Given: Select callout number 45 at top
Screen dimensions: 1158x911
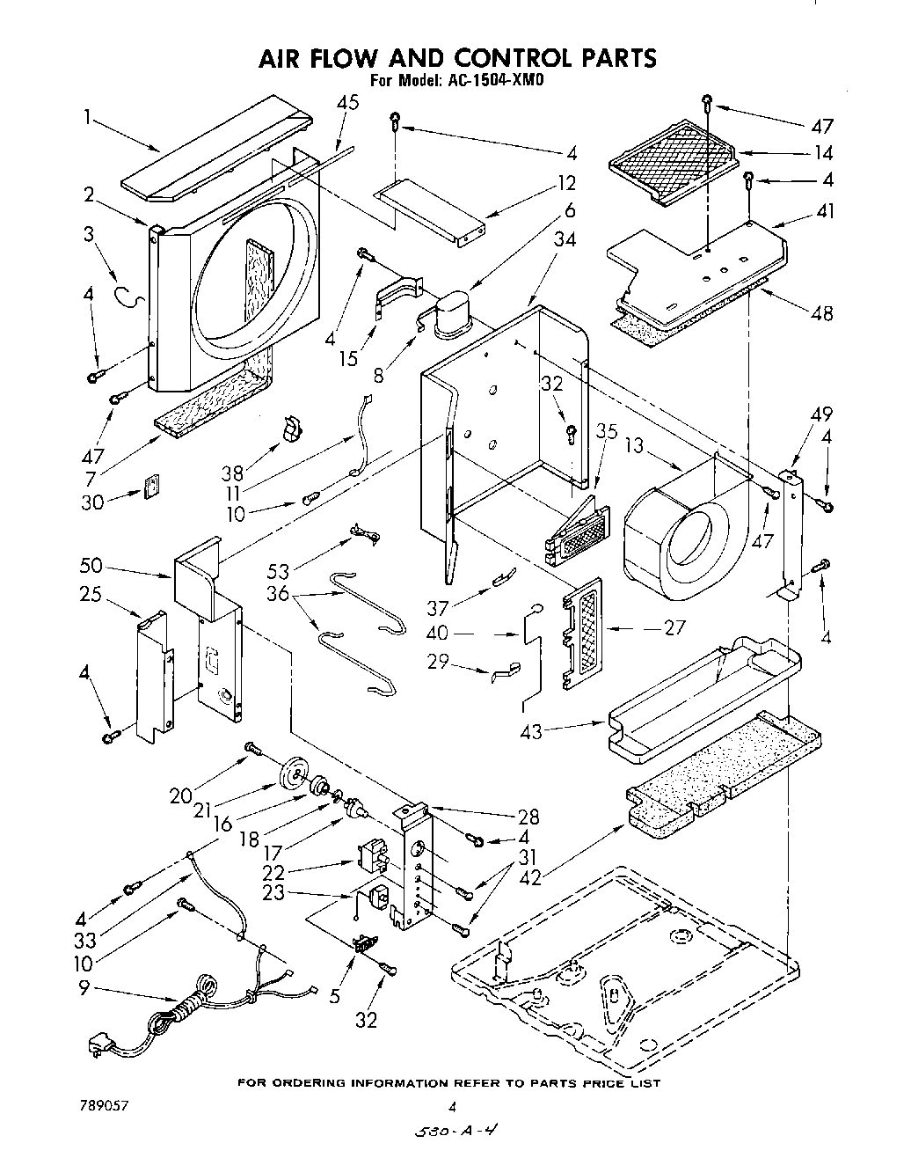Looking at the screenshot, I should [347, 103].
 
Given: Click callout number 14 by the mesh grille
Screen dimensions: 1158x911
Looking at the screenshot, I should [822, 152].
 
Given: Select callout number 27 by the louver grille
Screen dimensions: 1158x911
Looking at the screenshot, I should [675, 628].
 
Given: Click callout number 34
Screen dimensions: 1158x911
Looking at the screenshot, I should [565, 239].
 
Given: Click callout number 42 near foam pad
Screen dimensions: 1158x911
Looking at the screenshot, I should [528, 876].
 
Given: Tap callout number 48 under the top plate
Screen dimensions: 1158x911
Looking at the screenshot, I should [822, 313].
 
